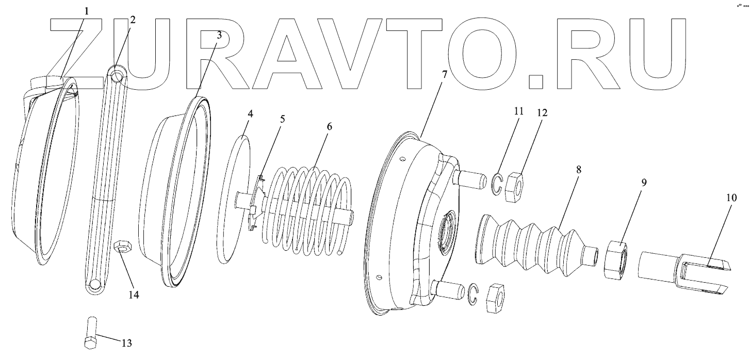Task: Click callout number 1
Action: (86, 11)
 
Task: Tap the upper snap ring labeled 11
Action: (497, 185)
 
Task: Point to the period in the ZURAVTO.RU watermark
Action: (536, 81)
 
